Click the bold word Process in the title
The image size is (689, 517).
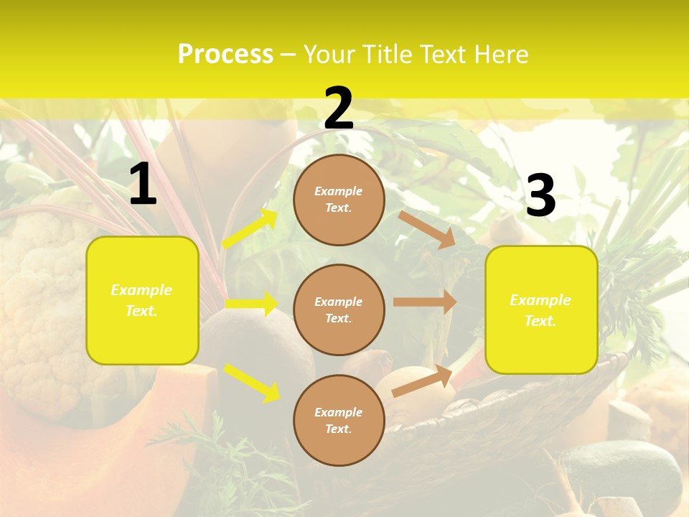[225, 55]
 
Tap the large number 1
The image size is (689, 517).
[143, 185]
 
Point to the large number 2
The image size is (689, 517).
[339, 108]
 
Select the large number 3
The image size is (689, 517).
[540, 196]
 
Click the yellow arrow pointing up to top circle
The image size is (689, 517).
[250, 229]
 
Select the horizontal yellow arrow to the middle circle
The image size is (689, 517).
[251, 304]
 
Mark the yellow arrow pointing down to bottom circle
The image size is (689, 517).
[251, 382]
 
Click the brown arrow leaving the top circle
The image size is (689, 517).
[427, 230]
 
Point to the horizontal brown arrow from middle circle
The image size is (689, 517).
[425, 302]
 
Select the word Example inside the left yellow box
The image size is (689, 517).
[141, 290]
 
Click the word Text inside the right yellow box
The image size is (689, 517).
[540, 321]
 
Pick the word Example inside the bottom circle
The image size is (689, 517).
[339, 412]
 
